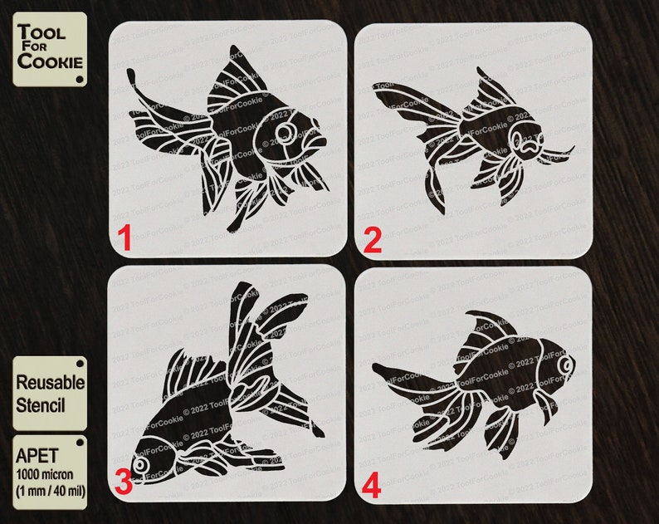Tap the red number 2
click(372, 241)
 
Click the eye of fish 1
click(286, 132)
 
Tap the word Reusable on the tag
click(50, 383)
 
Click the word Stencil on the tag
click(42, 407)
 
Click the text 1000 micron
click(48, 473)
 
